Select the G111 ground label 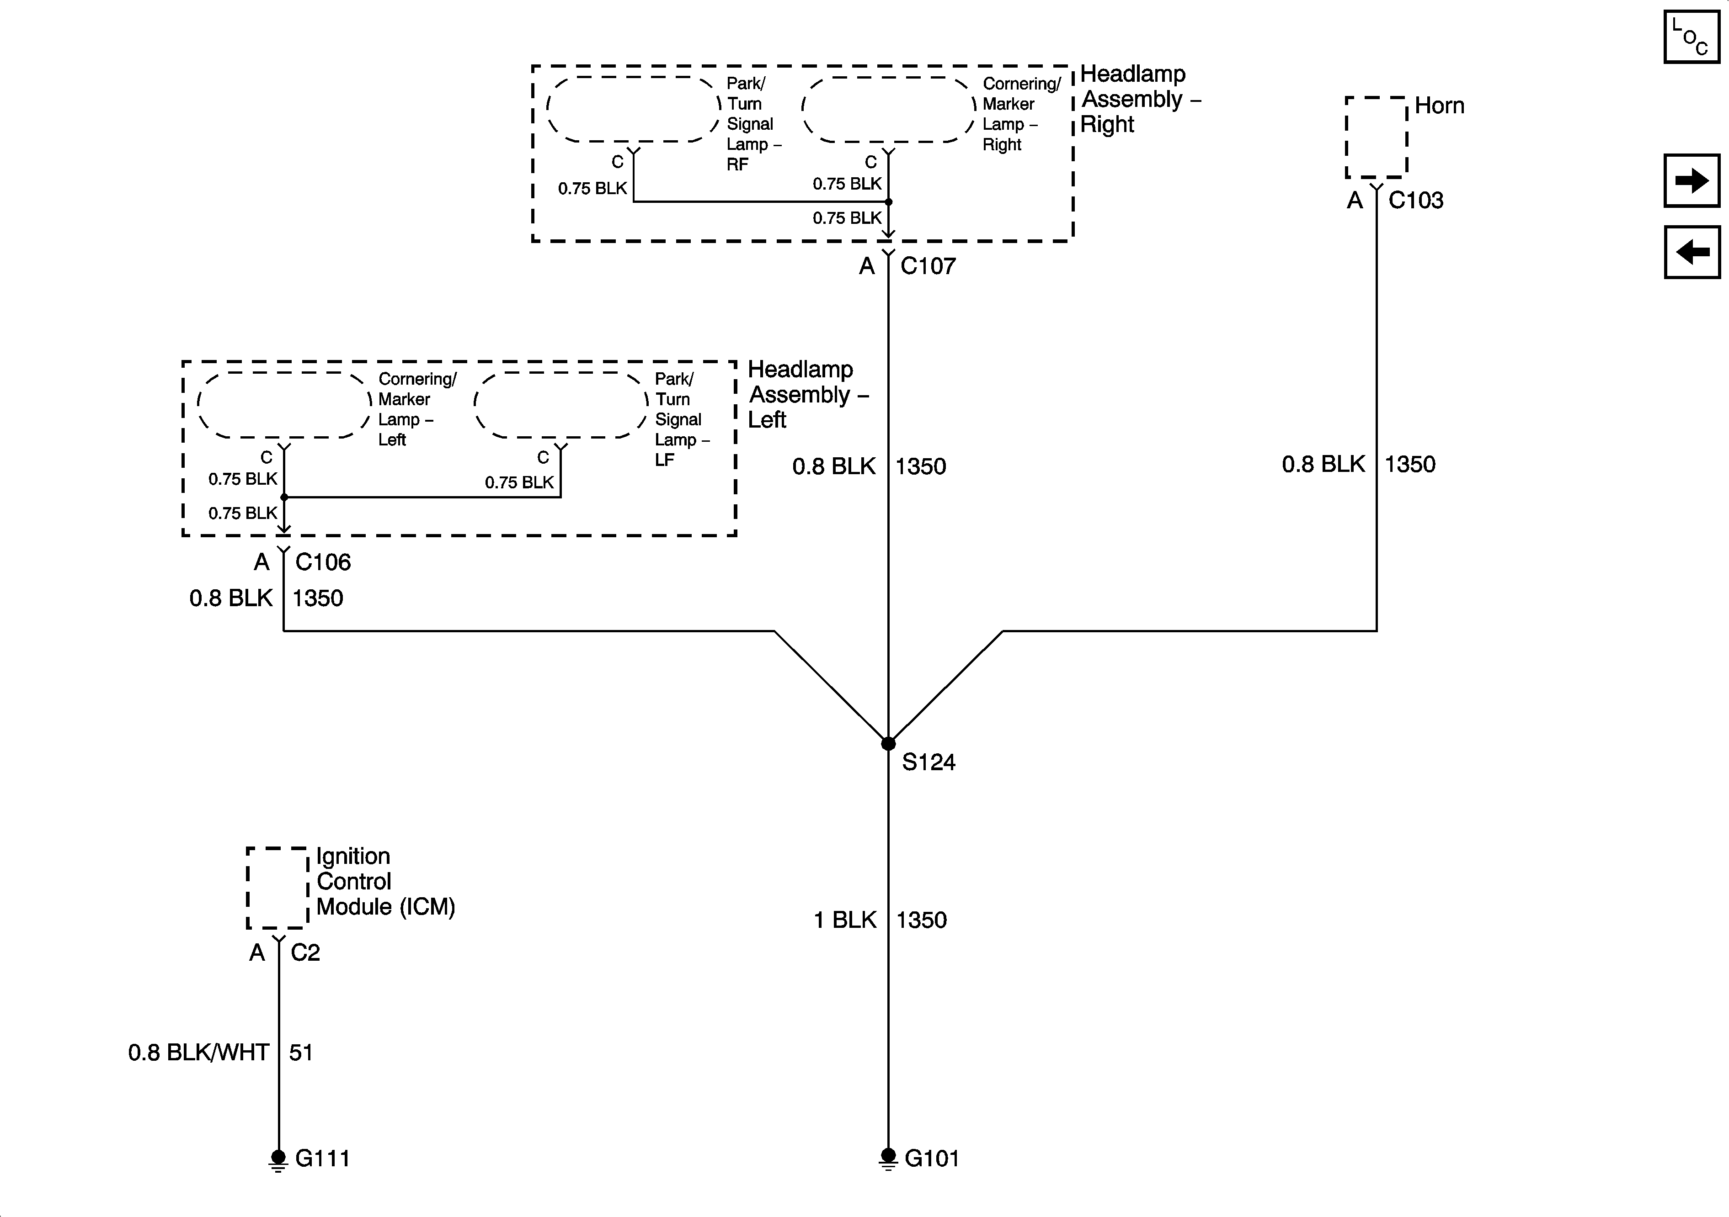322,1158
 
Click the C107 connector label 928,266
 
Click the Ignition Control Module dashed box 277,888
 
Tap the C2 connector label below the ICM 305,953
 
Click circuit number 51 300,1052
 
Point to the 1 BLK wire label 845,920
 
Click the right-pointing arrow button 1692,180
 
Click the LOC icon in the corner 1692,37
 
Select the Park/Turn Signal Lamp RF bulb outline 633,109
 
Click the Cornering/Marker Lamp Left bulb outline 284,405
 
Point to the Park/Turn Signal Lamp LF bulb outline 560,405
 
